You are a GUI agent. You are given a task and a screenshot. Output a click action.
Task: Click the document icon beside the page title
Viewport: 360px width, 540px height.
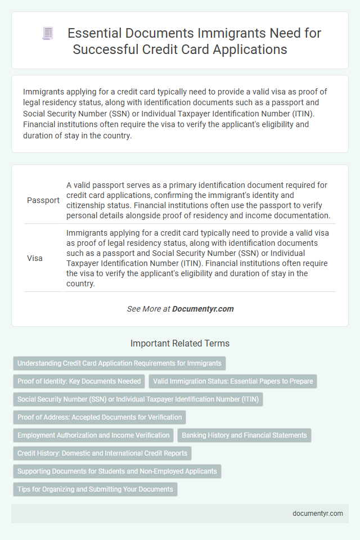pos(48,34)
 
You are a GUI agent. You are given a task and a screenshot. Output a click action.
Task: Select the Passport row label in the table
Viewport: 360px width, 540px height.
pos(43,200)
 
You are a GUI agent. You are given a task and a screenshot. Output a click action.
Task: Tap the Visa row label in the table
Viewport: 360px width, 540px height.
pos(35,259)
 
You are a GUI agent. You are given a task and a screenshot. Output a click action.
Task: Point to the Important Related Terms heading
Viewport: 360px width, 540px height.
pos(179,343)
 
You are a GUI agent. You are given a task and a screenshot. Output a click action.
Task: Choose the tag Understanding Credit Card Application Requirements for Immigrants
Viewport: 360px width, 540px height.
pos(119,363)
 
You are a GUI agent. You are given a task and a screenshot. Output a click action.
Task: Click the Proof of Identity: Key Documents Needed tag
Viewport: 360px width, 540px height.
pos(79,381)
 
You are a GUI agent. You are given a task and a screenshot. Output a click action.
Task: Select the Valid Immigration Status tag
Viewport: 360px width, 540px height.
pos(233,381)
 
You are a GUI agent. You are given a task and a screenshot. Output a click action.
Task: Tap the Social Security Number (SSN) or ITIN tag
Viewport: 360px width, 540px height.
pos(138,399)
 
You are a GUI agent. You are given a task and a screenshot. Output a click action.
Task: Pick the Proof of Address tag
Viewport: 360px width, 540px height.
pos(100,417)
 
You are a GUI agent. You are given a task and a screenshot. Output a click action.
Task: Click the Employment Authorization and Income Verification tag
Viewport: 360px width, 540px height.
pos(93,435)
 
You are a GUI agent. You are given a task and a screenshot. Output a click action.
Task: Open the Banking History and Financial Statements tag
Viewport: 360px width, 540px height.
pos(244,435)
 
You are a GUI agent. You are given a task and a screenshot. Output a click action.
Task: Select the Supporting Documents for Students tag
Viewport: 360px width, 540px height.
pos(117,471)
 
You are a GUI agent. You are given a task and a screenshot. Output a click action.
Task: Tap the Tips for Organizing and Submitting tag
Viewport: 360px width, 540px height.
pos(95,489)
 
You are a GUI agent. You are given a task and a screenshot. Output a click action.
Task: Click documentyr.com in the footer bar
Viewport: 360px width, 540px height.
pos(317,513)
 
